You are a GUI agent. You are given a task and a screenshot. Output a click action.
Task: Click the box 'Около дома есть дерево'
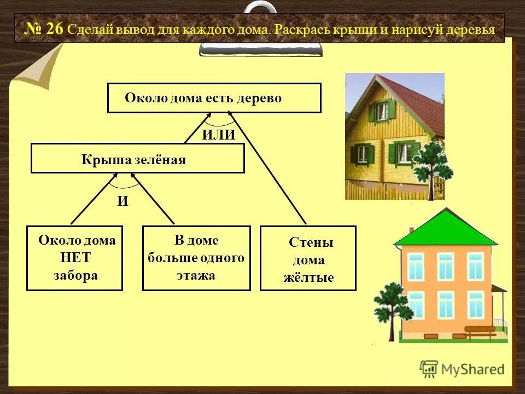[214, 98]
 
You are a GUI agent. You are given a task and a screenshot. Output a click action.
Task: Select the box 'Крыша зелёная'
[137, 159]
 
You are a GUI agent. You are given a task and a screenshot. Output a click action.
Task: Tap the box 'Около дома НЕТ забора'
[75, 258]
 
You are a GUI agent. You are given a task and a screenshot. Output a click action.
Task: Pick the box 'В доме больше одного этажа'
[196, 258]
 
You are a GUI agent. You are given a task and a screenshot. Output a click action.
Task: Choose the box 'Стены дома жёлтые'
[308, 258]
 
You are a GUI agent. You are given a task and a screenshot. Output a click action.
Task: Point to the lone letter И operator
[122, 201]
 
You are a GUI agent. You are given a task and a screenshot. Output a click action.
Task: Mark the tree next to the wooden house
[433, 164]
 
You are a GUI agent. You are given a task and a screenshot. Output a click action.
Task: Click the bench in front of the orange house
[480, 331]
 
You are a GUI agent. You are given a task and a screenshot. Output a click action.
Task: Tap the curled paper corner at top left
[41, 68]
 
